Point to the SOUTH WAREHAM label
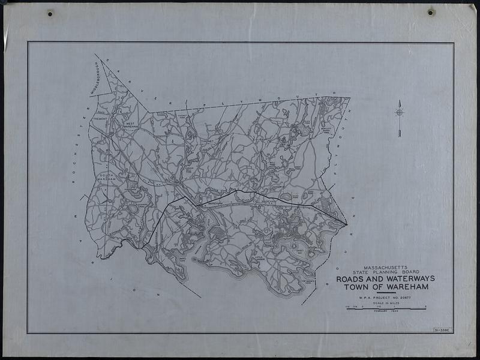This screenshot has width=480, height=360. [105, 176]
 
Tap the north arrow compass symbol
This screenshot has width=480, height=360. [400, 112]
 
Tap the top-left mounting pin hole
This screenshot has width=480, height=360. [50, 13]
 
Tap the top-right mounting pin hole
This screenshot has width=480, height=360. [431, 11]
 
